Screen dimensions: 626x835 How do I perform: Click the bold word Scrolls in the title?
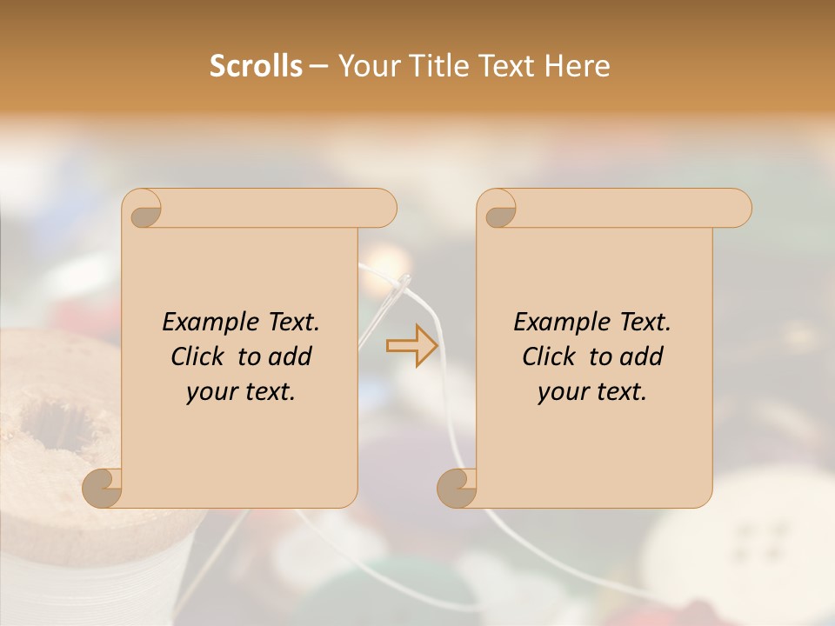click(x=257, y=66)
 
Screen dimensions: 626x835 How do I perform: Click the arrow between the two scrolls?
click(x=411, y=345)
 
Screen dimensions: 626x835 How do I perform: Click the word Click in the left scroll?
click(x=199, y=357)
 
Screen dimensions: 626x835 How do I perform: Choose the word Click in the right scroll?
click(x=551, y=357)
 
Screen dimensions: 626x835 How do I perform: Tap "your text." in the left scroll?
click(x=241, y=392)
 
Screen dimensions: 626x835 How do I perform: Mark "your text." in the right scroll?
click(x=592, y=392)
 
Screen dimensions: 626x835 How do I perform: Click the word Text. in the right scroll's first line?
click(x=644, y=323)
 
